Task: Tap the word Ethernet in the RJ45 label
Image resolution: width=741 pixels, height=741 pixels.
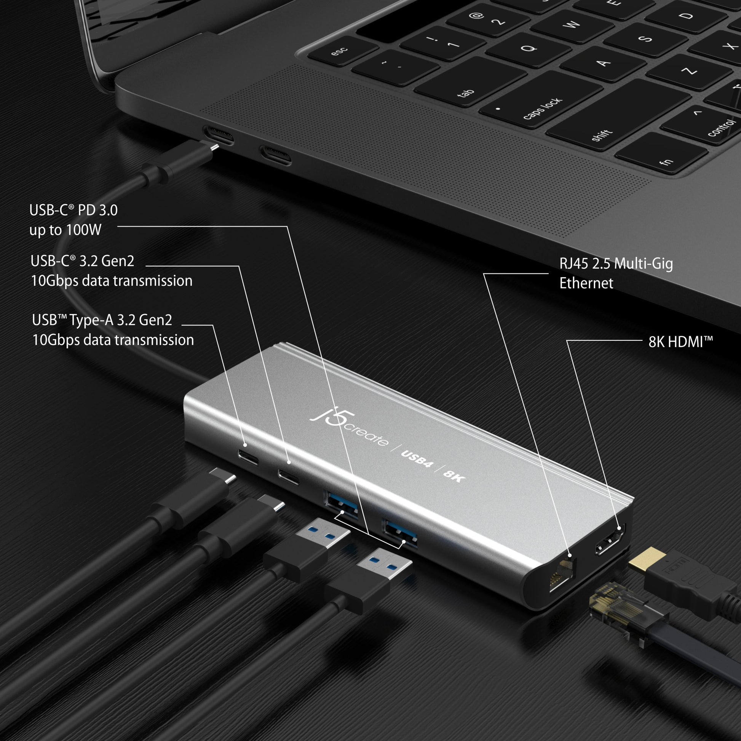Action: tap(586, 283)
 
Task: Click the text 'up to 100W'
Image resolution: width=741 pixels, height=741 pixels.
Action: tap(65, 230)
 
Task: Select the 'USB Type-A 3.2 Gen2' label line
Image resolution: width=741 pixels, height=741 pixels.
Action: tap(102, 320)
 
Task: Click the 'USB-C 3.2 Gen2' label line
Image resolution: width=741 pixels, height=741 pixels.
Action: tap(83, 261)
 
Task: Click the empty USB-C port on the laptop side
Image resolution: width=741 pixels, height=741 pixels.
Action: tap(275, 155)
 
